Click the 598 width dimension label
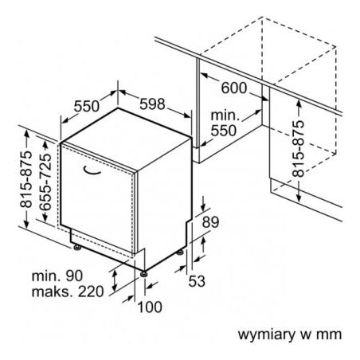click(152, 104)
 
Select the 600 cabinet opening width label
click(234, 88)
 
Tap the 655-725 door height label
click(45, 182)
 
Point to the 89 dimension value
click(210, 222)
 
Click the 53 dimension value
click(197, 281)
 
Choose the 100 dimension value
click(150, 307)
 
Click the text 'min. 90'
click(57, 276)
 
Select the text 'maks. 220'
click(68, 292)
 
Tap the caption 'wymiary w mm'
click(290, 335)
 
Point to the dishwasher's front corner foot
click(143, 274)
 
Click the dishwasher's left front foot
click(77, 248)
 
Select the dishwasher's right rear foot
click(180, 252)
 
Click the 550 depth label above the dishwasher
click(87, 106)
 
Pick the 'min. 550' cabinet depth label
click(224, 123)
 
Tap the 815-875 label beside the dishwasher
click(26, 179)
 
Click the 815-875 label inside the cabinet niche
click(298, 149)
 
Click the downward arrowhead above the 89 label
click(203, 207)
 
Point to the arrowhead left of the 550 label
click(65, 120)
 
